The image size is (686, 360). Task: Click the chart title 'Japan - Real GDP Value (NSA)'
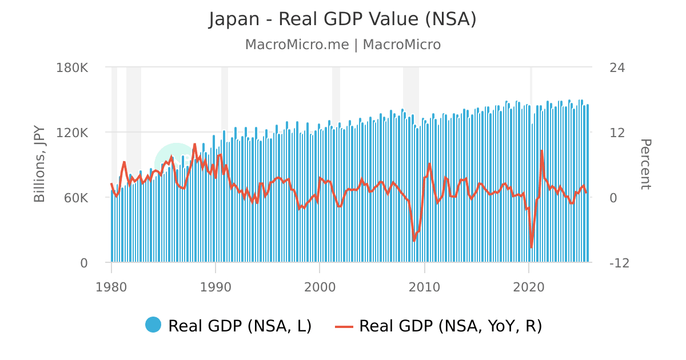(342, 19)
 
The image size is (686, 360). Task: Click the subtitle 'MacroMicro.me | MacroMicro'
(342, 45)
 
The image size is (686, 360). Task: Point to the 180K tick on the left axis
(72, 67)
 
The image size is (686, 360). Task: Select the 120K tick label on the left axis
(72, 133)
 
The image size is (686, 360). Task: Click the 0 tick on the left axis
(83, 263)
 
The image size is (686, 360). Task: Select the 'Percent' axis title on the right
(645, 164)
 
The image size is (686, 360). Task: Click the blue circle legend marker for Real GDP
(153, 325)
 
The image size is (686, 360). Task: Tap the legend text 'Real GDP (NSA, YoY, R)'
(450, 326)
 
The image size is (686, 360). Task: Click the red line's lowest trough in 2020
(531, 247)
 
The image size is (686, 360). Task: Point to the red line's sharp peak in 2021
(541, 150)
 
